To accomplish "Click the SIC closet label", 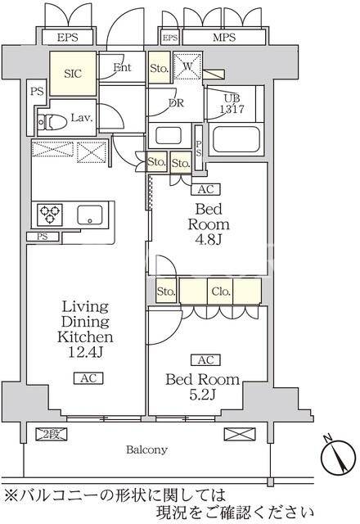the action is pos(73,74).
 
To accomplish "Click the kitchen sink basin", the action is pos(90,215).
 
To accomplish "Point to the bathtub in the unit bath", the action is pos(236,139).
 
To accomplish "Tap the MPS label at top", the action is pos(224,38).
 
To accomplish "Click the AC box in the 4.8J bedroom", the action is pos(205,189).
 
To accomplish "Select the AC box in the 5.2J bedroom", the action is pos(205,360).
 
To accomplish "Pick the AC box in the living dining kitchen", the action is pos(88,378).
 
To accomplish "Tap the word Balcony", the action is pos(146,449).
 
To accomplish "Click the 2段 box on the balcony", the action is pos(52,434).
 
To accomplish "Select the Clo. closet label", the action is pos(221,291).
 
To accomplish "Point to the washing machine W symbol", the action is pos(187,65).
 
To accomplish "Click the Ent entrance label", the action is pos(122,67).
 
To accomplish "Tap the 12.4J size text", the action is pos(85,352).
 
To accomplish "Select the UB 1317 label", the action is pos(232,104).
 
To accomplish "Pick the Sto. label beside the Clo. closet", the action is pos(166,291).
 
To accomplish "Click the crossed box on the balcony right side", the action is pos(239,434).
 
